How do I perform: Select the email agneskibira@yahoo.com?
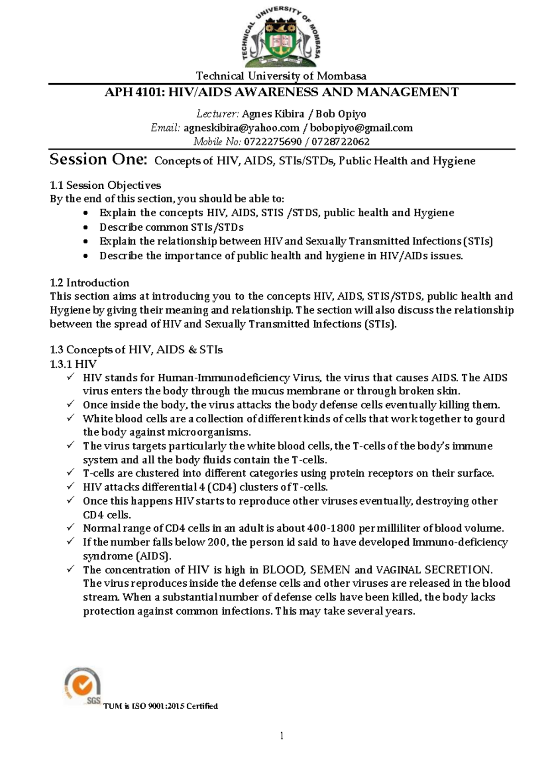[x=241, y=128]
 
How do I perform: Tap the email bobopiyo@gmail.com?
[x=361, y=128]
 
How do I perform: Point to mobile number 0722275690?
[x=273, y=142]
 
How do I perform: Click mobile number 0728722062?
[x=340, y=142]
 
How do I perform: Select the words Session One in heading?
[x=98, y=159]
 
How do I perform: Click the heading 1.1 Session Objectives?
[x=105, y=185]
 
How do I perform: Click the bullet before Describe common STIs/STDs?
[x=85, y=228]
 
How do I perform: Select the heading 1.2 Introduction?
[x=89, y=282]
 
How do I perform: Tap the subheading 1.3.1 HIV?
[x=73, y=364]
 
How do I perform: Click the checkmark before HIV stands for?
[x=70, y=377]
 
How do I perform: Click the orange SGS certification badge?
[x=83, y=685]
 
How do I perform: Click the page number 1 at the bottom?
[x=282, y=736]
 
